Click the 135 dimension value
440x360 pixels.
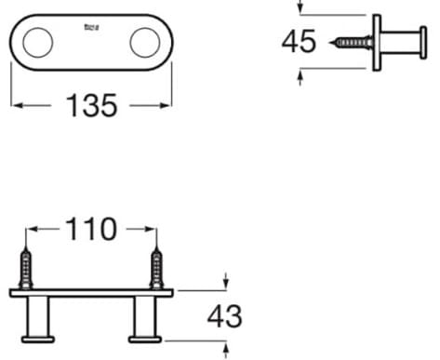click(92, 106)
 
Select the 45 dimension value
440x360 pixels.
click(299, 43)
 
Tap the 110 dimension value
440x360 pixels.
click(91, 229)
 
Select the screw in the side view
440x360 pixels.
click(351, 43)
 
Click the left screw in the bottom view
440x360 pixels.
click(27, 270)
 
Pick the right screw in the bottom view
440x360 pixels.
click(156, 270)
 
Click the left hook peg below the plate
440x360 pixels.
click(39, 318)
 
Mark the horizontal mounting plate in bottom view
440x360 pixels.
click(91, 292)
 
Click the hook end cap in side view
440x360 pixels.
click(423, 43)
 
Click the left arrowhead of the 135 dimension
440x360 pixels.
click(16, 106)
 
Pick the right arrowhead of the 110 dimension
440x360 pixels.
click(149, 229)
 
